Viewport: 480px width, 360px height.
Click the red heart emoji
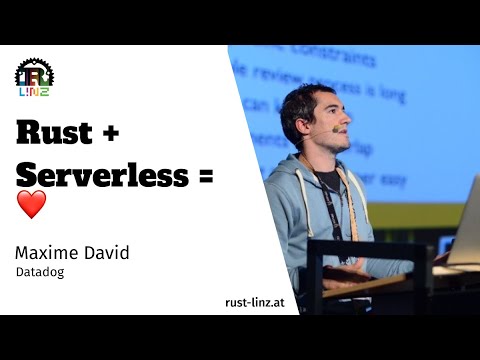point(31,205)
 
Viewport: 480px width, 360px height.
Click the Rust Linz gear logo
point(34,76)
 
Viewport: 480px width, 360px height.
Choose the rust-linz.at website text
point(257,303)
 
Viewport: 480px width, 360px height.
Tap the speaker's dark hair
point(305,100)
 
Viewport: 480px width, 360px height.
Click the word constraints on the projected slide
point(346,56)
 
